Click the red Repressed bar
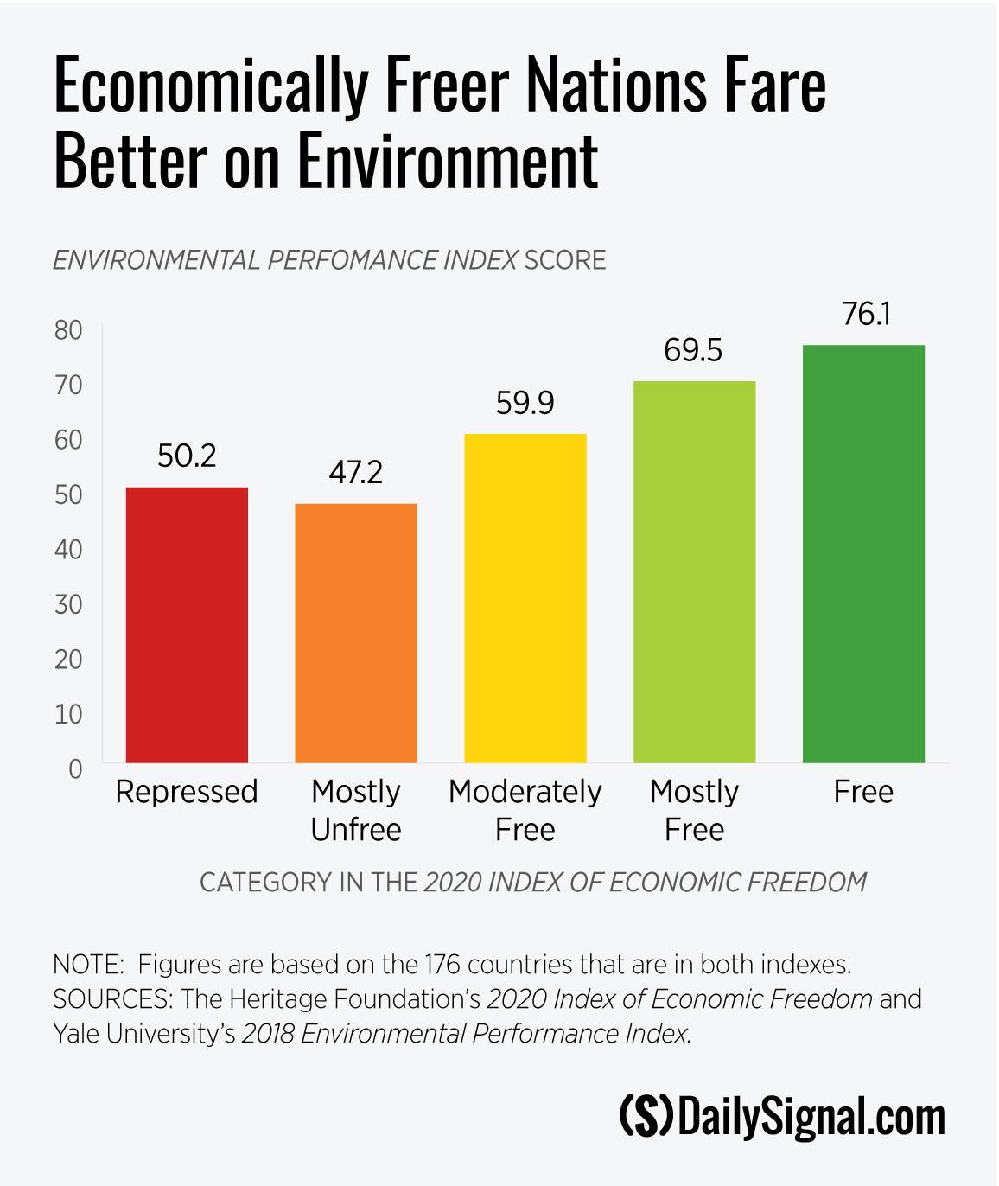(x=187, y=624)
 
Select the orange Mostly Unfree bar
(x=356, y=633)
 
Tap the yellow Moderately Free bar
(x=525, y=598)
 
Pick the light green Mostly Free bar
(x=694, y=571)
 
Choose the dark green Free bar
(x=863, y=553)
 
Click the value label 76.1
(x=866, y=314)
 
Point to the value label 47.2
(x=355, y=473)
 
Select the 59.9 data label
(x=525, y=403)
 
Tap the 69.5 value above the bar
(x=693, y=350)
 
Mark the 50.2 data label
(x=187, y=456)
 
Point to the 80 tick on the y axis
(x=68, y=330)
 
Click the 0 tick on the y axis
(x=75, y=769)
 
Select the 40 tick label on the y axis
(x=68, y=550)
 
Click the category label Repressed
(x=187, y=792)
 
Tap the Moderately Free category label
(x=525, y=811)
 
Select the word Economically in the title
(x=211, y=86)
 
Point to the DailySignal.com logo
(x=782, y=1117)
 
